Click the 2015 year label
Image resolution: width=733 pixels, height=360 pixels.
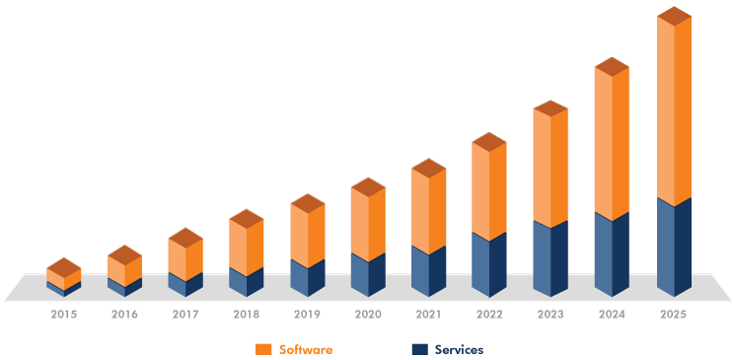pos(64,315)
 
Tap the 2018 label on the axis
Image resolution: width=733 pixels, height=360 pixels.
pos(246,315)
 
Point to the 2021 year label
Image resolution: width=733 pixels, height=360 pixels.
pos(428,315)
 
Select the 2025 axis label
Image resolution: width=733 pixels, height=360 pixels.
pos(673,315)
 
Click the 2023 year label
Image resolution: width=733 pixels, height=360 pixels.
pos(550,315)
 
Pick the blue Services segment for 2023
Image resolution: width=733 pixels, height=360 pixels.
pos(550,259)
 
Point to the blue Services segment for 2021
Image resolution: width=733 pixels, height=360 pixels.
pos(428,271)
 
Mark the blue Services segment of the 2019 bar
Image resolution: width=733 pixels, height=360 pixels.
pos(307,278)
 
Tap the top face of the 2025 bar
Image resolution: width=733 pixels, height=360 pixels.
pos(674,16)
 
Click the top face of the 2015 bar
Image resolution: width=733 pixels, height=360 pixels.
pos(64,267)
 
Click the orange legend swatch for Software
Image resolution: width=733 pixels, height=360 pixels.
pos(263,349)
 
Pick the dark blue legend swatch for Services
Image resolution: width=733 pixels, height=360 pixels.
pos(419,349)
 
